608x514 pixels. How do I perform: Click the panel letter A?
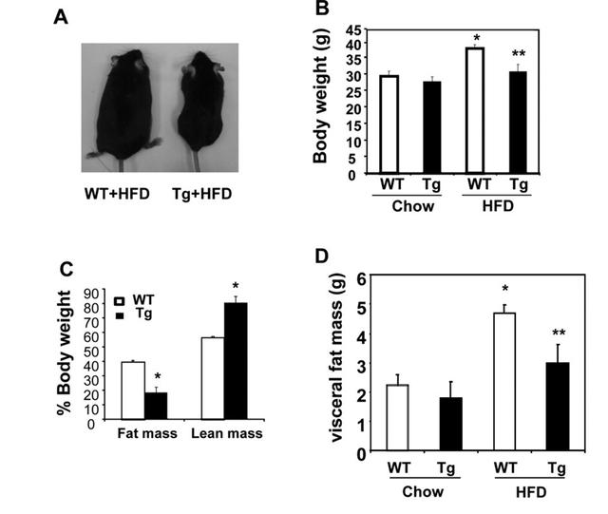pos(61,17)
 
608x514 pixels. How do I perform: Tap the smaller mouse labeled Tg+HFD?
pos(201,105)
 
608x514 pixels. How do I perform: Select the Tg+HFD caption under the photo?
pos(202,194)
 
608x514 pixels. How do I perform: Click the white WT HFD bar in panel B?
pos(475,110)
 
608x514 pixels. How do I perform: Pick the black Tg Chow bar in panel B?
pos(432,127)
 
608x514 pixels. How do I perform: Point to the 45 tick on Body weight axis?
pos(353,29)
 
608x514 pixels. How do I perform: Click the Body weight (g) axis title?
pos(321,96)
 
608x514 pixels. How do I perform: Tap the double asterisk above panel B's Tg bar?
pos(519,53)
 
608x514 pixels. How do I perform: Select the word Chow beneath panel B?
pos(412,206)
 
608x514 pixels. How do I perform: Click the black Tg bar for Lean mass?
pos(236,361)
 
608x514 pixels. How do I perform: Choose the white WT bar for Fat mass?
pos(133,390)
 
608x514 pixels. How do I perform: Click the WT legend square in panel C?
pos(120,301)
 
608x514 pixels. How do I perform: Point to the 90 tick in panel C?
pos(91,293)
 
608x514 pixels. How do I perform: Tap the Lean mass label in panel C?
pos(227,433)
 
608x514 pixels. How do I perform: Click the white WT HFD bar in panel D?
pos(504,382)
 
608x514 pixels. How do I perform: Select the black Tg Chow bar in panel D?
pos(451,424)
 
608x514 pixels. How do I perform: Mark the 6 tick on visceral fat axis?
pos(361,278)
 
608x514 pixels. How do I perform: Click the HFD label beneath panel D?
pos(531,492)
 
